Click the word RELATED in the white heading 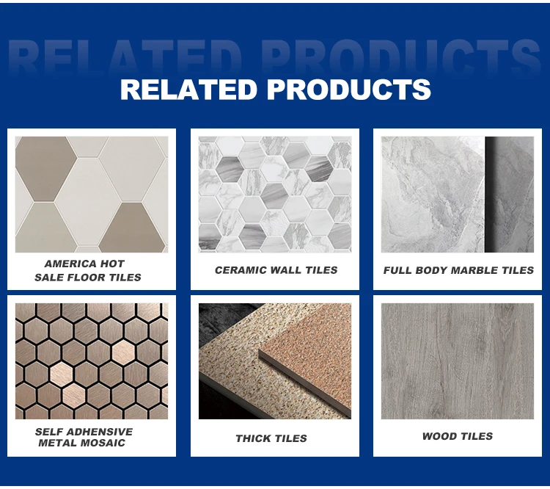tap(189, 90)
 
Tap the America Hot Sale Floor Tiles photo tap(92, 195)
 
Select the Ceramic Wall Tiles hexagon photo tap(275, 195)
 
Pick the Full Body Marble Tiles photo tap(458, 195)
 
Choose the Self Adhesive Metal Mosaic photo tap(92, 361)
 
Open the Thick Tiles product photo tap(275, 361)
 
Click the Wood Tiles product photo tap(458, 361)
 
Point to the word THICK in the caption tap(253, 438)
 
